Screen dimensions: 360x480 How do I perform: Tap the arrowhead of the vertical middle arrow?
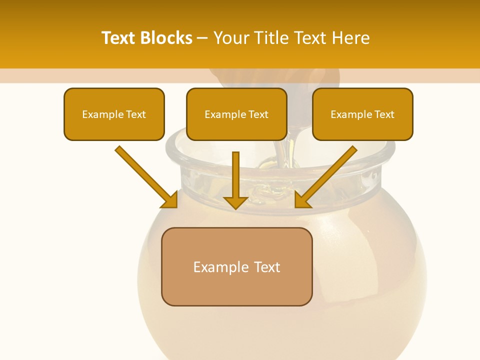pos(235,202)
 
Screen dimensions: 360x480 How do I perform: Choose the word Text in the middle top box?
pos(258,114)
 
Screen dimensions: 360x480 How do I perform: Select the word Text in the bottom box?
pos(267,267)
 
